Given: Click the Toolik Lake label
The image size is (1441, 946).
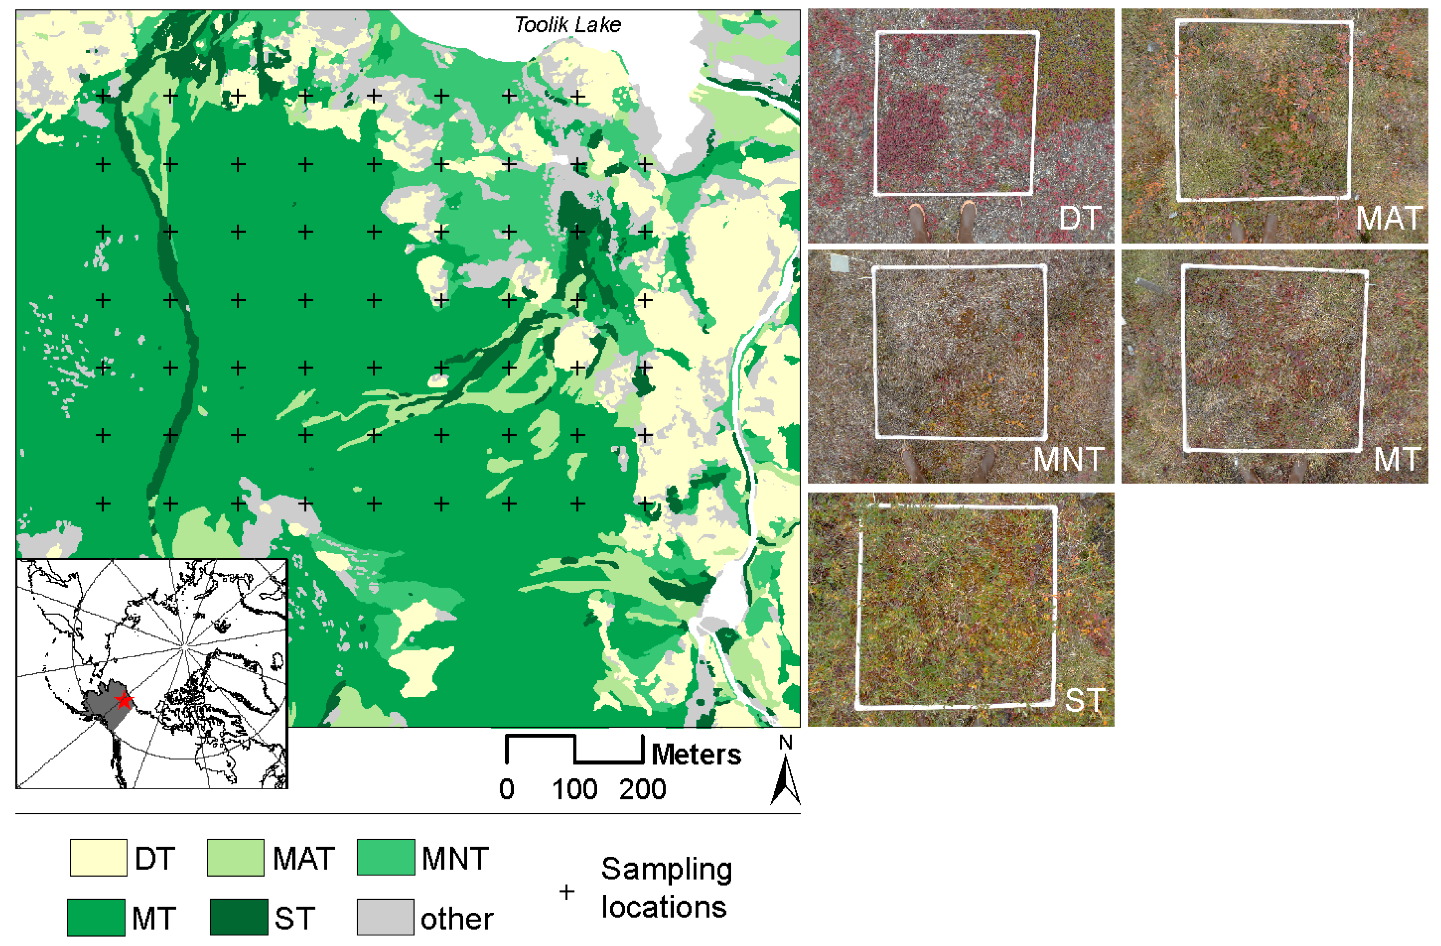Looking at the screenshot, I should coord(567,25).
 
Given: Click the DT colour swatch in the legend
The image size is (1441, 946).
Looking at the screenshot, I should coord(98,857).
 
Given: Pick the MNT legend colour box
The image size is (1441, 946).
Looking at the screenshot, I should coord(386,857).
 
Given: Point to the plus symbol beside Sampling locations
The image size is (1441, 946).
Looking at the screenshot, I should coord(567,892).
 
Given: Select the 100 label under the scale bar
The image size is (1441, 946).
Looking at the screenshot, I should coord(575,789).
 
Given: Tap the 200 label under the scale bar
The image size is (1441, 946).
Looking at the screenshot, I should coord(642,789).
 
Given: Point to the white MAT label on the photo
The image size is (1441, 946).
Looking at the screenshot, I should coord(1389,219).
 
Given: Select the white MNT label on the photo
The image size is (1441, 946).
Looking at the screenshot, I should coord(1068,459).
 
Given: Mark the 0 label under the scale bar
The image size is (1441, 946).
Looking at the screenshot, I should coord(507,789).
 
